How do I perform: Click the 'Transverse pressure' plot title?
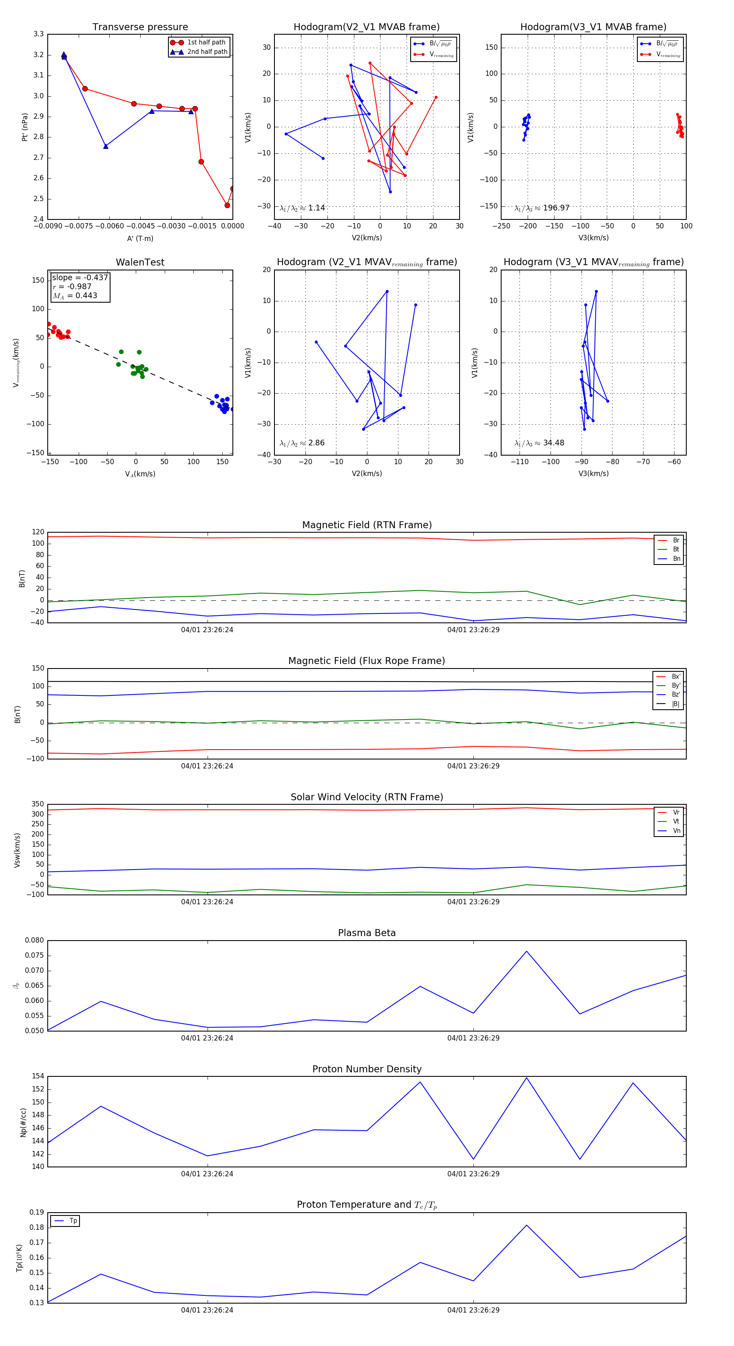tap(140, 27)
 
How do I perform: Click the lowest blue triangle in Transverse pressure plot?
tap(106, 146)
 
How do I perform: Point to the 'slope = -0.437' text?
tap(80, 277)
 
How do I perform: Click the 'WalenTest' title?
tap(140, 262)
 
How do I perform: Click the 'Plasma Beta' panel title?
tap(367, 933)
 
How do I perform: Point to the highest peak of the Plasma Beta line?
tap(526, 951)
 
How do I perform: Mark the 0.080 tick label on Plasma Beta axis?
tap(35, 941)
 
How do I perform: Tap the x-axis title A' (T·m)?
tap(140, 238)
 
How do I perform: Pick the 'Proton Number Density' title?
tap(367, 1069)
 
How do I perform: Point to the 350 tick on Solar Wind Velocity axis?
tap(38, 804)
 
